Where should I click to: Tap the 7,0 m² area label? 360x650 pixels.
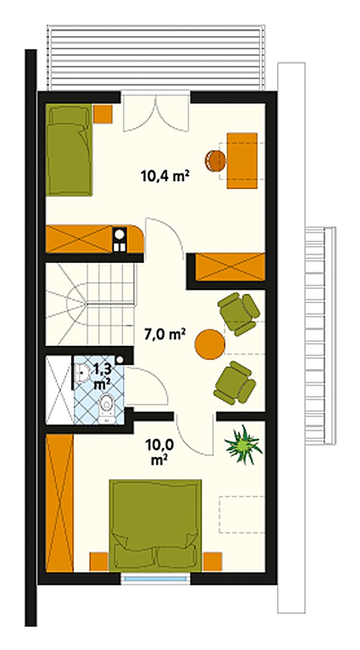click(x=165, y=334)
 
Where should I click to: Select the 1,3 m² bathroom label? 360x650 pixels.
click(x=102, y=377)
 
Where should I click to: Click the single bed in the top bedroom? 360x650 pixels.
click(x=69, y=150)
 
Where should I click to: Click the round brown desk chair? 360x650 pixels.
click(x=215, y=161)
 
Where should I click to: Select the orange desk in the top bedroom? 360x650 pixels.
click(x=242, y=161)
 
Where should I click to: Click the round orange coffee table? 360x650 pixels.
click(x=210, y=344)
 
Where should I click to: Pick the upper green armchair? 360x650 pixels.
click(x=239, y=314)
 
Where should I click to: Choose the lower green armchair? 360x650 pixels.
click(x=235, y=383)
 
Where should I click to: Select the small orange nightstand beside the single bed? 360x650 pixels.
click(x=103, y=114)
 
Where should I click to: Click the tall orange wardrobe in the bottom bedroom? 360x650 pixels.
click(x=60, y=503)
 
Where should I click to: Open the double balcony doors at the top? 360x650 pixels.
click(x=156, y=112)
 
